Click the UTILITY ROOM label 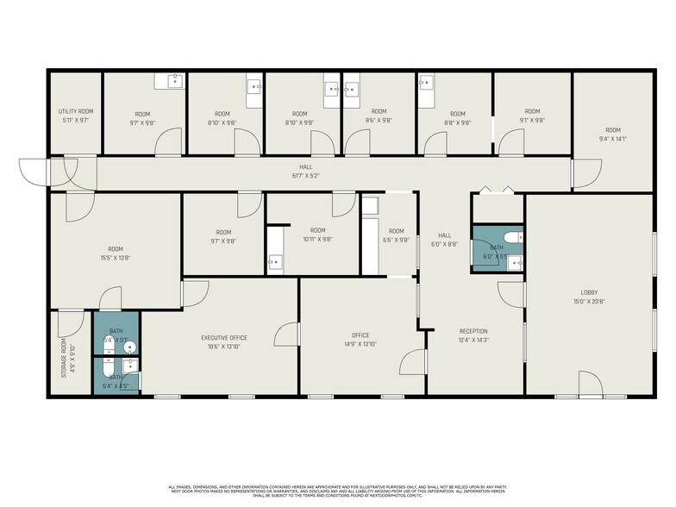pyautogui.click(x=76, y=111)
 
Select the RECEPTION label pyautogui.click(x=473, y=331)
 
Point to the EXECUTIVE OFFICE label pyautogui.click(x=224, y=337)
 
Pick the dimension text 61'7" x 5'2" pyautogui.click(x=306, y=175)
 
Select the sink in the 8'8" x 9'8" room pyautogui.click(x=426, y=84)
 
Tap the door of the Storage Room pyautogui.click(x=69, y=322)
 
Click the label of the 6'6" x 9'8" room pyautogui.click(x=396, y=231)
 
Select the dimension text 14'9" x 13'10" pyautogui.click(x=360, y=344)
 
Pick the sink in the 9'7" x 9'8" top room pyautogui.click(x=173, y=81)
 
